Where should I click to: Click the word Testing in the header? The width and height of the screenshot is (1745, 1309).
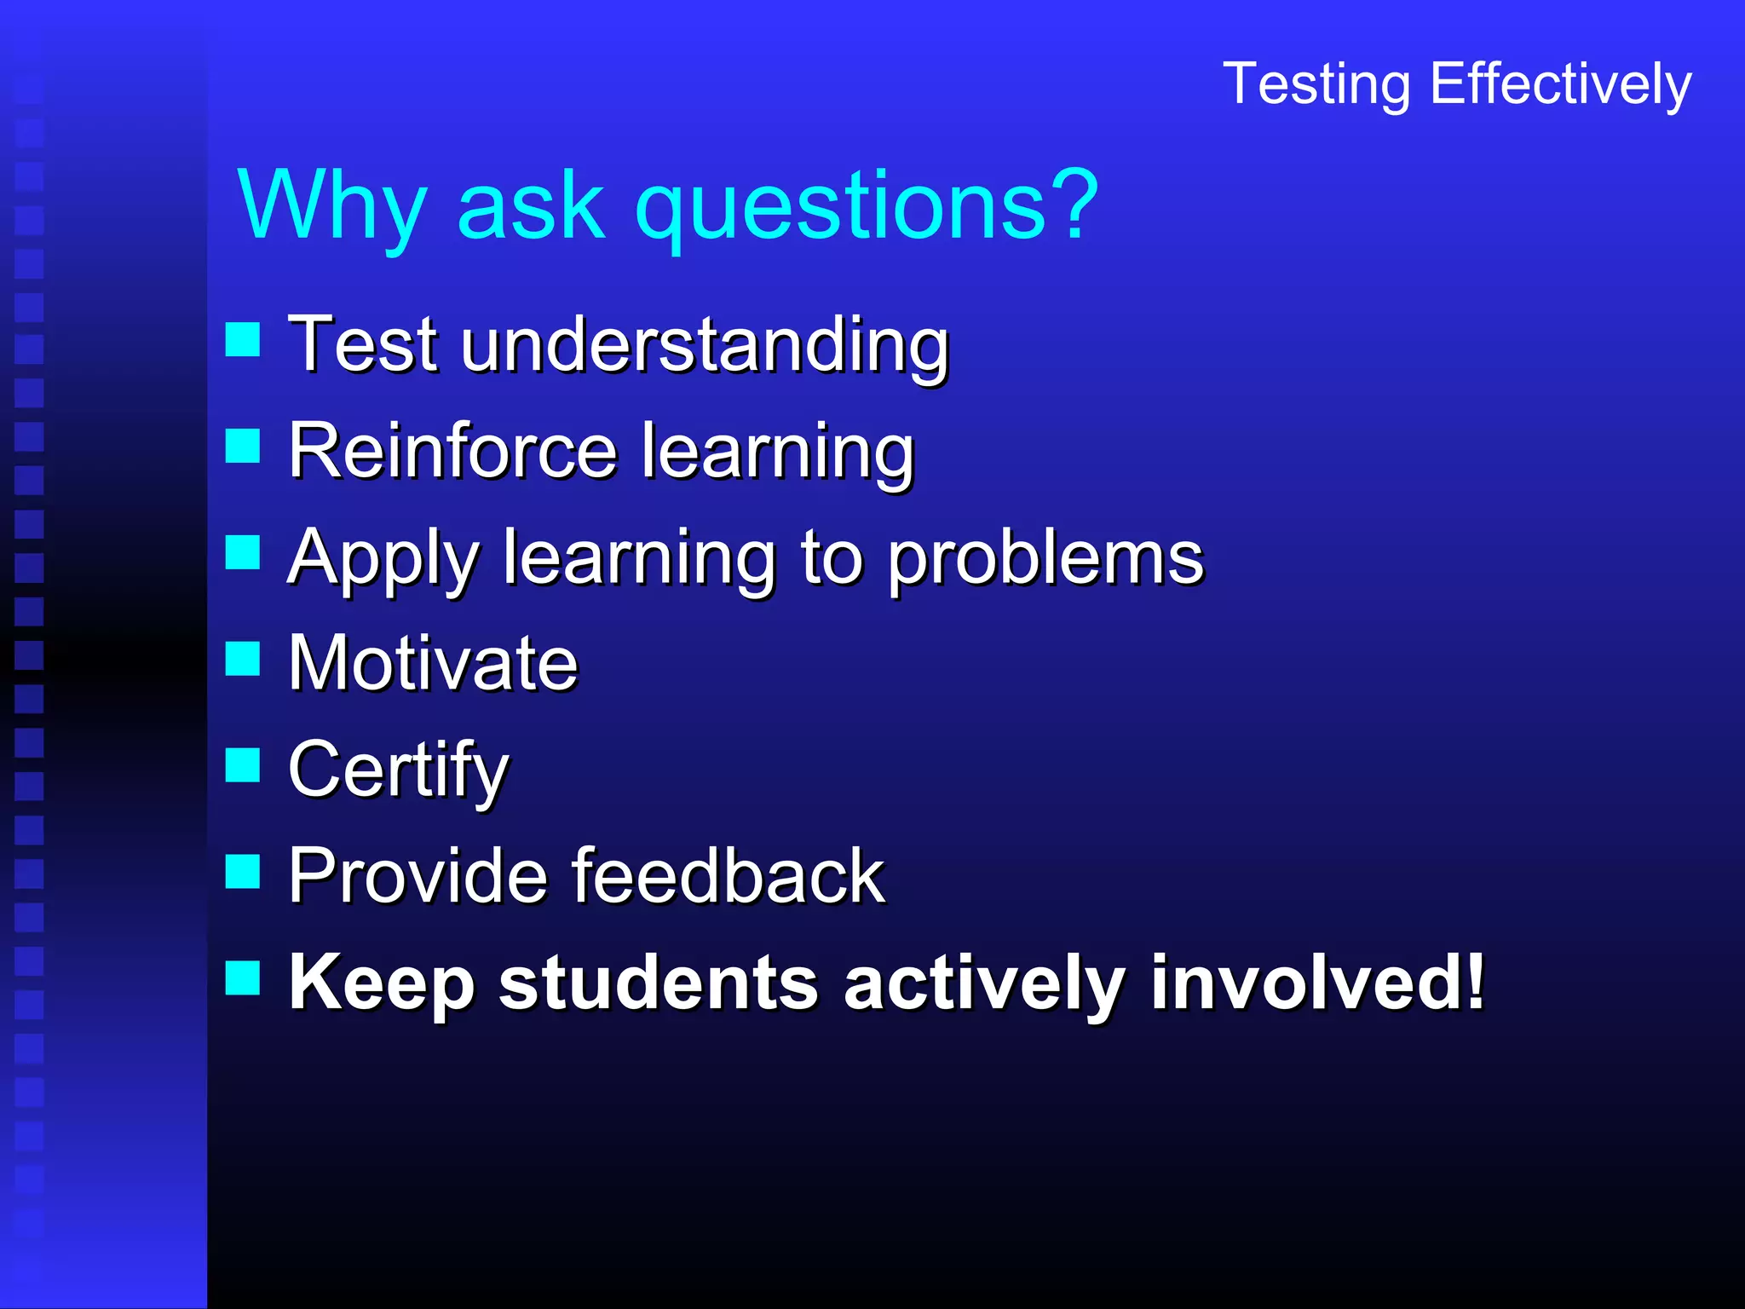[x=1317, y=84]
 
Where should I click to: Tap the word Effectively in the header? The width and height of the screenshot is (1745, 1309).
[x=1561, y=84]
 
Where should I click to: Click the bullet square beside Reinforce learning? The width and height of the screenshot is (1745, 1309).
[x=243, y=445]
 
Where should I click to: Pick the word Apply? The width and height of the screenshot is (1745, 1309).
[x=383, y=558]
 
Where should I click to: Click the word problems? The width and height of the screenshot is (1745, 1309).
[x=1046, y=558]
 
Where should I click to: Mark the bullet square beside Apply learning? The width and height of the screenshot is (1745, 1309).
[x=243, y=551]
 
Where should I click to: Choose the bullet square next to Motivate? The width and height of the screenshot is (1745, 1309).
[x=243, y=658]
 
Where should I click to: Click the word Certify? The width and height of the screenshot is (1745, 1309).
[x=398, y=770]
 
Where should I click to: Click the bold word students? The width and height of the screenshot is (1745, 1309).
[x=659, y=983]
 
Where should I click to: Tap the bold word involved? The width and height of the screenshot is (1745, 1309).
[x=1317, y=983]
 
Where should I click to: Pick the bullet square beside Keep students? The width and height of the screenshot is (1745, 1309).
[x=243, y=977]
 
